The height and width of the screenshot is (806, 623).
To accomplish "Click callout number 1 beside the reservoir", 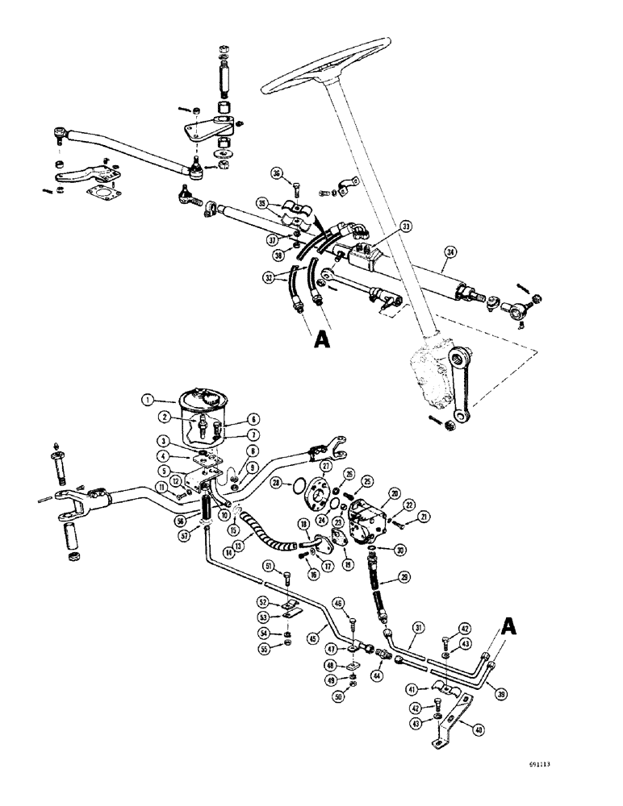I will coord(147,397).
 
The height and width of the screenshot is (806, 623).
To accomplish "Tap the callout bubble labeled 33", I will coord(405,226).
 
